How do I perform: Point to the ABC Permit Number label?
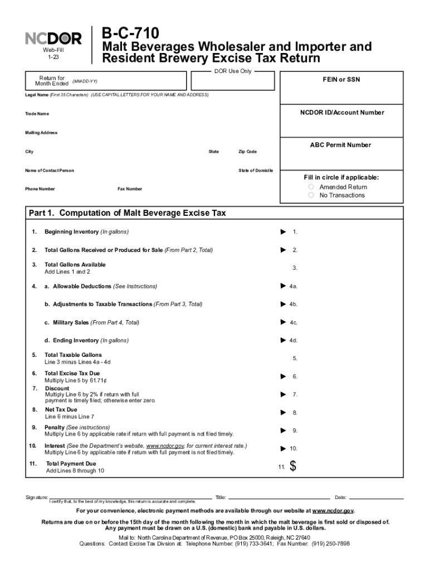pos(340,145)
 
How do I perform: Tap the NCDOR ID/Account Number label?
pos(342,113)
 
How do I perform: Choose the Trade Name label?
pos(37,114)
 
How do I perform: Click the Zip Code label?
pos(247,152)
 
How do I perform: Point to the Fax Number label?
pos(129,189)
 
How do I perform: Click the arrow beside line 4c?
pos(282,322)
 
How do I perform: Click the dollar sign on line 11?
pos(294,467)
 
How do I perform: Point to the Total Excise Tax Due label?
pos(72,373)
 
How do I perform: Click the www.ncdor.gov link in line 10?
pos(165,446)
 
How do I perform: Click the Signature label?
pos(36,497)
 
